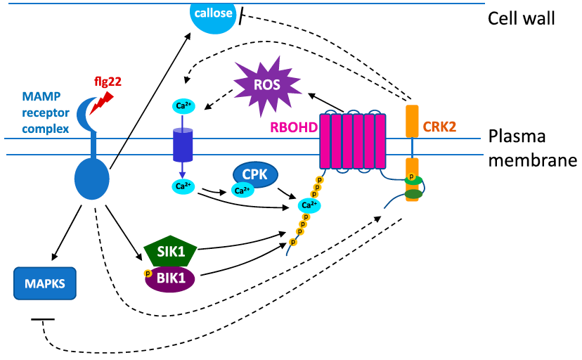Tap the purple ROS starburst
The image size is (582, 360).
266,86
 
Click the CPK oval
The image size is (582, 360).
254,176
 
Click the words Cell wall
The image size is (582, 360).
522,18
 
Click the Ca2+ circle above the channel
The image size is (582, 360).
182,106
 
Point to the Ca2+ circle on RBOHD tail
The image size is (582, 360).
306,205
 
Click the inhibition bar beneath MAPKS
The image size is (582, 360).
43,321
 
